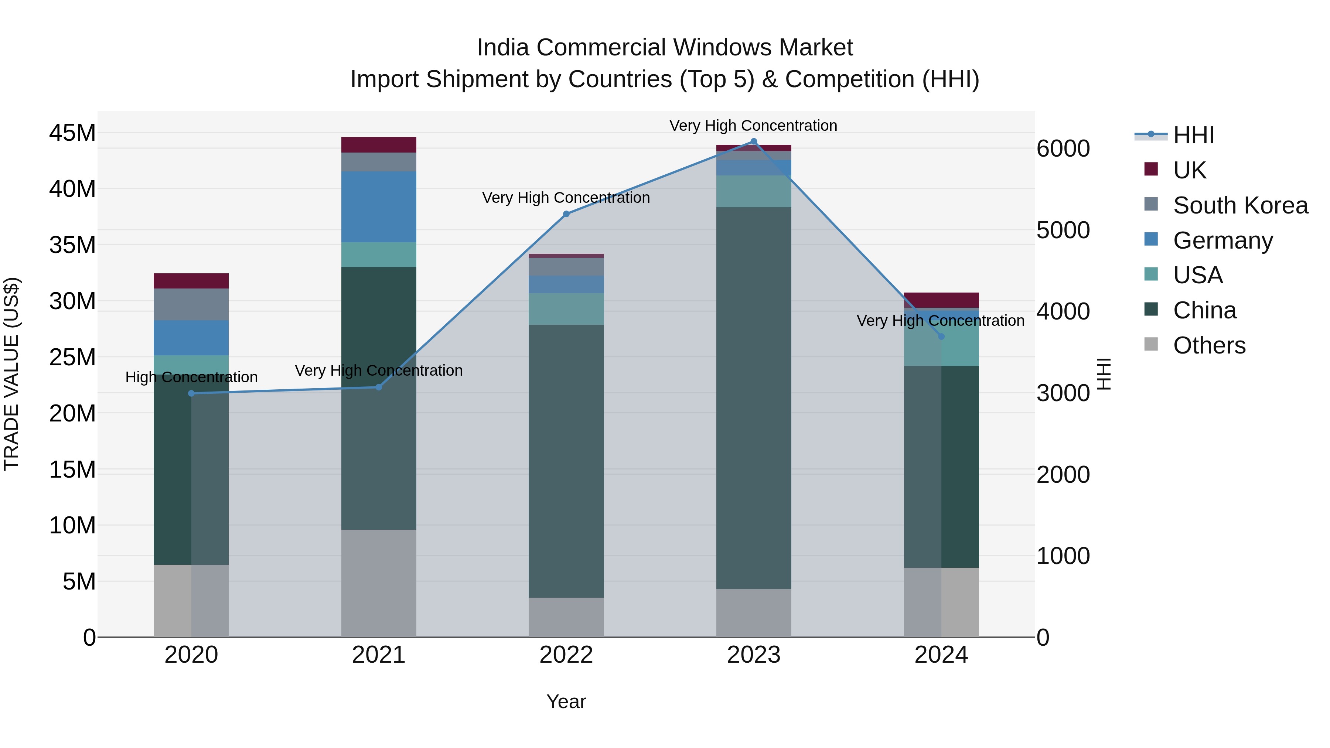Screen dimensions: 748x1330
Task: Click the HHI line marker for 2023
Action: pos(753,141)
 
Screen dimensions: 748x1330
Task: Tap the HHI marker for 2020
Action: pos(191,393)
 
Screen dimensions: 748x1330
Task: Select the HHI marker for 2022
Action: pos(566,214)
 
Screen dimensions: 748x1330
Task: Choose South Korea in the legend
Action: pos(1240,205)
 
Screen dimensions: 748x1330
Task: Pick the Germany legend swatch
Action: pos(1151,239)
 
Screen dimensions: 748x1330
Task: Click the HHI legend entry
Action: pos(1193,135)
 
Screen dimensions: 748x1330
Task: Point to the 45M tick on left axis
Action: pos(72,133)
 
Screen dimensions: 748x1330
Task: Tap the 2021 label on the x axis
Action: pos(378,655)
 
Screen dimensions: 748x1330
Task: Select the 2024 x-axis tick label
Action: pos(941,655)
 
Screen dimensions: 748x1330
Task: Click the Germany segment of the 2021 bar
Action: pos(378,206)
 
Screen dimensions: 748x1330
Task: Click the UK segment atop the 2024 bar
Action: pos(941,300)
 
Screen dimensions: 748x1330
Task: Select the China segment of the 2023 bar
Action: pos(753,397)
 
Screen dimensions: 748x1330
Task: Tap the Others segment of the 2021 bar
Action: pos(378,583)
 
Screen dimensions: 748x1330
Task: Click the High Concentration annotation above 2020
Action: pos(191,378)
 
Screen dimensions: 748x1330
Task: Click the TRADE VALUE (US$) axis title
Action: pos(12,374)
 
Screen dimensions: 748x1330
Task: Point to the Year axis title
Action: pos(566,701)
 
